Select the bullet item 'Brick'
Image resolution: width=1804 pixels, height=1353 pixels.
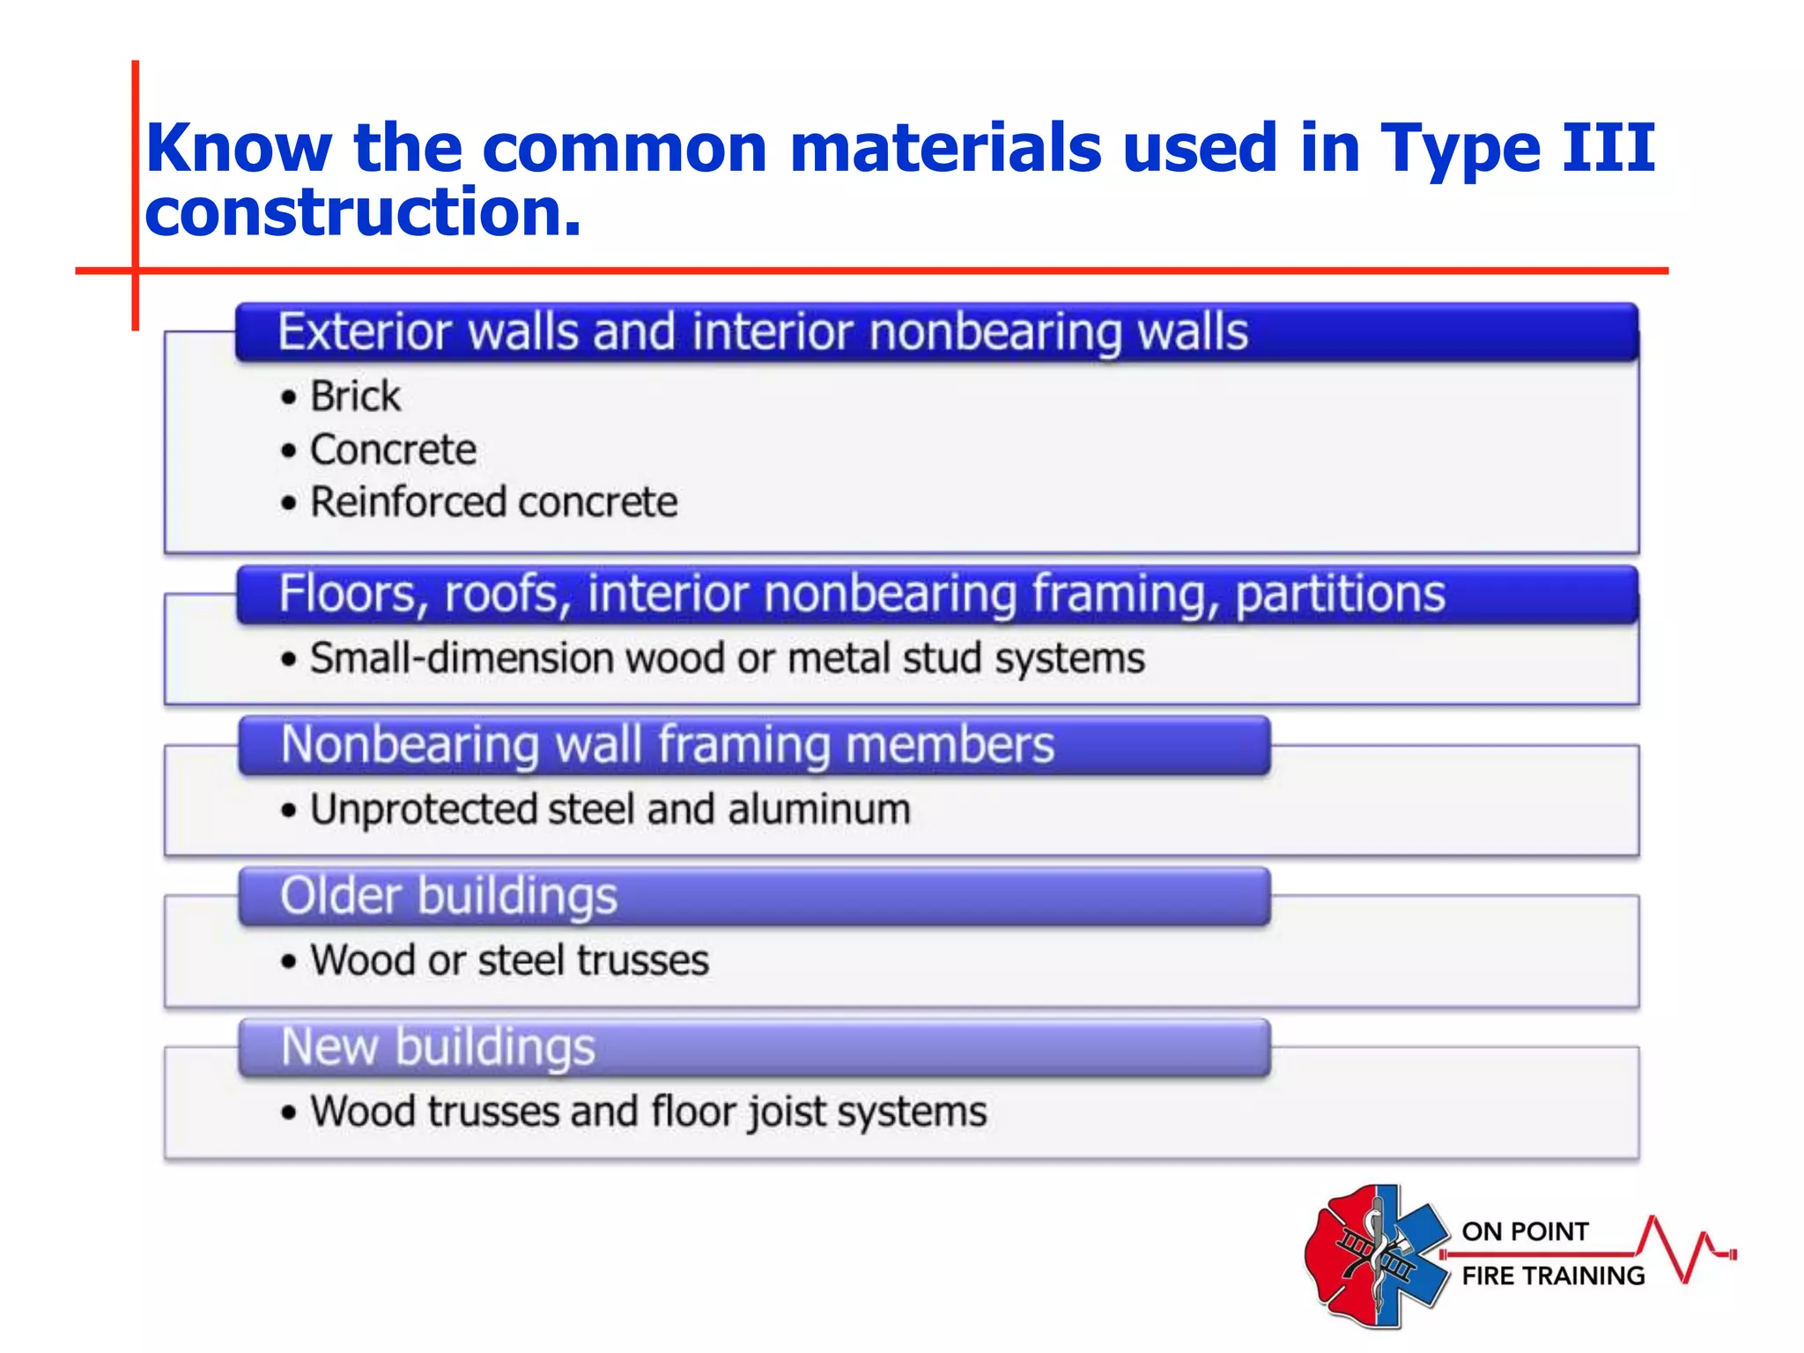[355, 396]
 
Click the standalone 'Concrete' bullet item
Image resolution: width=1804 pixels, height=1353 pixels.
[393, 450]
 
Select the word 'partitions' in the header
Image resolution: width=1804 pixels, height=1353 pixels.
[1340, 594]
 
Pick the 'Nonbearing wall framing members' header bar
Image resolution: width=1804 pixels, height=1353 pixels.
[754, 745]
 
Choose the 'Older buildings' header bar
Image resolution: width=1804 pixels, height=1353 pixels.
[754, 896]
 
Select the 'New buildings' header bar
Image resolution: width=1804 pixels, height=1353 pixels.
[754, 1047]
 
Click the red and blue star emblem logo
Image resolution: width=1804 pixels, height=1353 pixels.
[1376, 1256]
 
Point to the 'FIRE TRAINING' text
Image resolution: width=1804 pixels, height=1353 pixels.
[1553, 1275]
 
